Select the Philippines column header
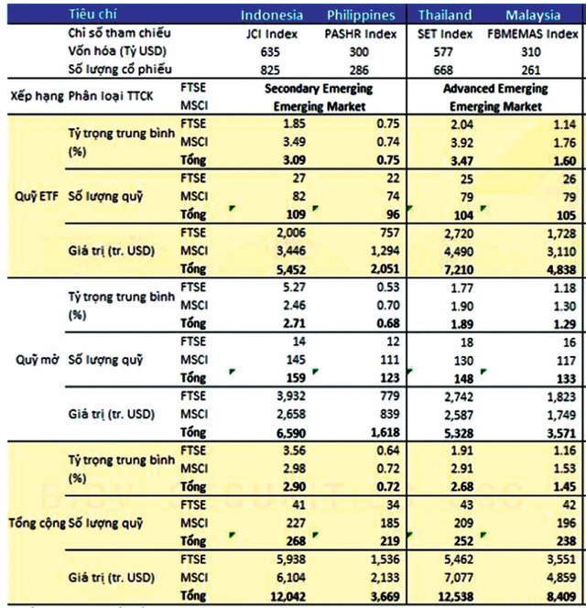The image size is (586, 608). point(361,15)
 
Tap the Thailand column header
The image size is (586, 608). point(446,15)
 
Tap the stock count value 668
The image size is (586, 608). point(447,69)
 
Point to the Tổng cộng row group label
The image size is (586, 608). point(35,522)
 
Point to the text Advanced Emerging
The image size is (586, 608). point(494,89)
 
